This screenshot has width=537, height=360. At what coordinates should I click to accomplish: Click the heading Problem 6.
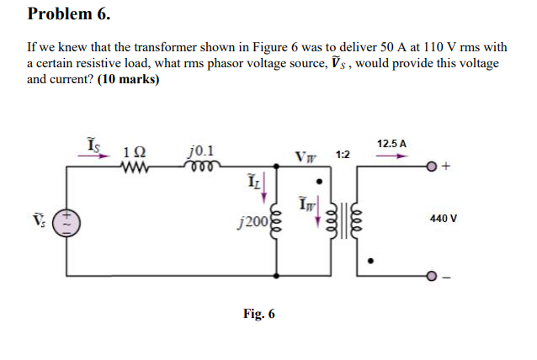point(69,14)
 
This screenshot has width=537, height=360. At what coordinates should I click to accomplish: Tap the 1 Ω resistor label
point(134,152)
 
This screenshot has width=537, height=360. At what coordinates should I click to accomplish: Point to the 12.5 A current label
point(392,144)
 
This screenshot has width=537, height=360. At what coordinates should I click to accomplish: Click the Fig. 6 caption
point(258,314)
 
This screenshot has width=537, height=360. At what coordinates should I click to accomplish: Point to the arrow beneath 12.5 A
point(392,156)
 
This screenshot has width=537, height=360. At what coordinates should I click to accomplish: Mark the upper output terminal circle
point(431,167)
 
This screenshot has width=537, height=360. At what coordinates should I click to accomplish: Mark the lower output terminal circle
point(431,276)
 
